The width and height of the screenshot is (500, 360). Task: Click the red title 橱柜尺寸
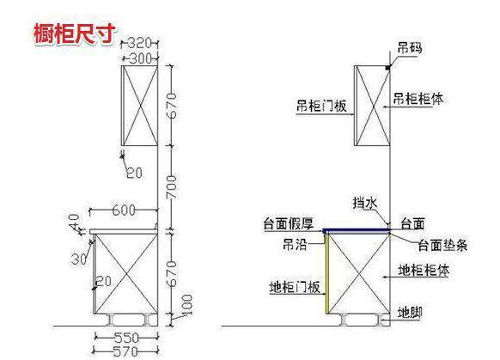[76, 34]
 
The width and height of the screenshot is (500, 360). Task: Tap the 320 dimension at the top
[139, 43]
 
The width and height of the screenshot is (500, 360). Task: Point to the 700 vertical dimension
[172, 186]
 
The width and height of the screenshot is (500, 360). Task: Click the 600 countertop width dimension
[124, 211]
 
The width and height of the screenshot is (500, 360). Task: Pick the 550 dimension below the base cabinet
[126, 338]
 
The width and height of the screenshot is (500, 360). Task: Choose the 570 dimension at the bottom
[125, 351]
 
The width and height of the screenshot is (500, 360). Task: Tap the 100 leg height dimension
[187, 304]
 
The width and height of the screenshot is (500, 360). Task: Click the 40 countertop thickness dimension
[75, 222]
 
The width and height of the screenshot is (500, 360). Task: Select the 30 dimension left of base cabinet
[79, 259]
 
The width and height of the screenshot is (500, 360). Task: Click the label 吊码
[410, 48]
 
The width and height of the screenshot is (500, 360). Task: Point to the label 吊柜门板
[321, 106]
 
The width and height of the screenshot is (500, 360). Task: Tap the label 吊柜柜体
[418, 99]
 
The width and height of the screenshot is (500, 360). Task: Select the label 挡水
[365, 203]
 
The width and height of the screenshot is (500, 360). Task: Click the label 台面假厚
[289, 224]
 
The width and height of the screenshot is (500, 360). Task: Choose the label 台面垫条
[443, 245]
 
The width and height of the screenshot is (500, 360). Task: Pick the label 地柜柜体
[424, 271]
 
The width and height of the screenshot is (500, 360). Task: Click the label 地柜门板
[295, 287]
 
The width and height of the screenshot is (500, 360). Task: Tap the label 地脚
[410, 313]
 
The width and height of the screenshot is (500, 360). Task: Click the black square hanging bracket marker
[387, 68]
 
